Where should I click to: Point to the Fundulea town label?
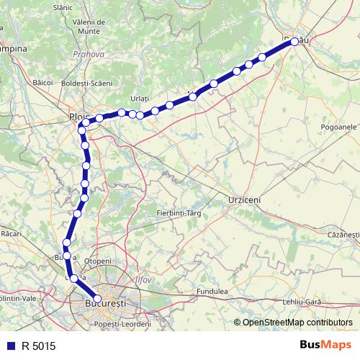tap(213, 292)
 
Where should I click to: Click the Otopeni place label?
tap(98, 261)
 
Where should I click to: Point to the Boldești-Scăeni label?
tap(87, 84)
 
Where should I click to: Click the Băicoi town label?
tap(44, 83)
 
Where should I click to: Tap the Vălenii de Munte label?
tap(91, 27)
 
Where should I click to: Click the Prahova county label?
tap(89, 53)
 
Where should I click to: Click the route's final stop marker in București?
tap(97, 298)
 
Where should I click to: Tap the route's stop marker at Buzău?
tap(294, 42)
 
